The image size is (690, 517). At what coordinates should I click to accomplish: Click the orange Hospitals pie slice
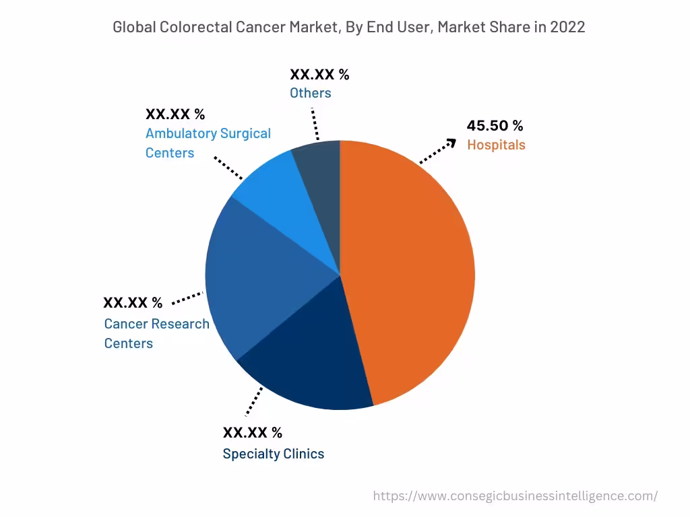pos(411,269)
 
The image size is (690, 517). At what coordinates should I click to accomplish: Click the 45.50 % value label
pos(495,126)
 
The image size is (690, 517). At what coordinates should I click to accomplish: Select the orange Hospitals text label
pos(496,145)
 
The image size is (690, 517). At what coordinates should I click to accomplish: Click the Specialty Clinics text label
pos(273,454)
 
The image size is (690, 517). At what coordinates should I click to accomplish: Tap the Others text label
pos(310,93)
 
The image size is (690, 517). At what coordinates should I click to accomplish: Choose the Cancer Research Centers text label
pos(156,333)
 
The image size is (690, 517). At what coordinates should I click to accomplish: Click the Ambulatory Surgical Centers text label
pos(208,143)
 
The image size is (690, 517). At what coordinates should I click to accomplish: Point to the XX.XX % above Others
pos(319,74)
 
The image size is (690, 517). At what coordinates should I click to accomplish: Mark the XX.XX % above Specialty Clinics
pos(252,432)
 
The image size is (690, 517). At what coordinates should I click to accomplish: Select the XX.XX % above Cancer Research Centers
pos(133,303)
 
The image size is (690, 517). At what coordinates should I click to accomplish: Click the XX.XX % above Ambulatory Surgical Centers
pos(175,114)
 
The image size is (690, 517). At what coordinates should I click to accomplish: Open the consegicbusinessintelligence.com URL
pos(515,496)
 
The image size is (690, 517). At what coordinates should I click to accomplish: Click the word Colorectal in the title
pos(197,27)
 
